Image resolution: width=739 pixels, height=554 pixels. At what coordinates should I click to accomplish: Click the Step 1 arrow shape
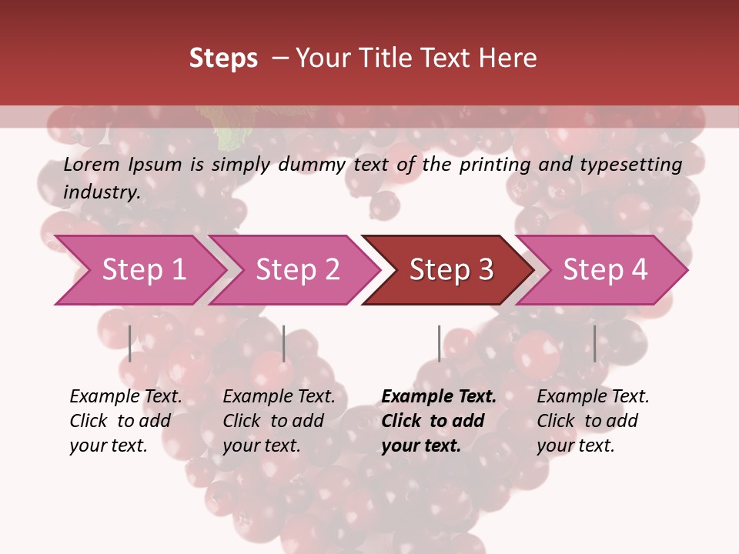click(142, 270)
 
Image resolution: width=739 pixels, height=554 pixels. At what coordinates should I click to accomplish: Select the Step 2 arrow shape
click(296, 270)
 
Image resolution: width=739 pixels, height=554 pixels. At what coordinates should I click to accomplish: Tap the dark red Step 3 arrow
click(450, 270)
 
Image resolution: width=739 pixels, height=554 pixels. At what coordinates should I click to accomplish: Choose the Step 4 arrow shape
click(604, 270)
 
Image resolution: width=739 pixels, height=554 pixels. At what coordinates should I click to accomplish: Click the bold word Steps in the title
click(223, 58)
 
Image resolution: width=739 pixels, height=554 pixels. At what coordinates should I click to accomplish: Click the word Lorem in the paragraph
click(90, 165)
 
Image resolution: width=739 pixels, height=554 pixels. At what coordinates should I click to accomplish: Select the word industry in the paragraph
click(101, 192)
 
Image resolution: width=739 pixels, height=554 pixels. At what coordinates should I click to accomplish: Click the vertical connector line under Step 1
click(130, 343)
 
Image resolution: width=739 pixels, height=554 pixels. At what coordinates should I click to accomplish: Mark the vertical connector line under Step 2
click(284, 343)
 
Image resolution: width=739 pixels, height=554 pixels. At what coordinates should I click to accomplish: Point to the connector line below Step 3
click(439, 343)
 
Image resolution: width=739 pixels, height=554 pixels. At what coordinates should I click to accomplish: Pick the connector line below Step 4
click(594, 343)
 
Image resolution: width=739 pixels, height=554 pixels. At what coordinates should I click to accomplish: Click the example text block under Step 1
click(125, 421)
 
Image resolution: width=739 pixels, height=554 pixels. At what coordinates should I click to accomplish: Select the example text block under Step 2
click(279, 421)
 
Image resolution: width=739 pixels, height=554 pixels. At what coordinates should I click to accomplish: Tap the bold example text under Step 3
click(439, 421)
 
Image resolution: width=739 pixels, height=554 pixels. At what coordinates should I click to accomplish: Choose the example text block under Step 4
click(593, 421)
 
